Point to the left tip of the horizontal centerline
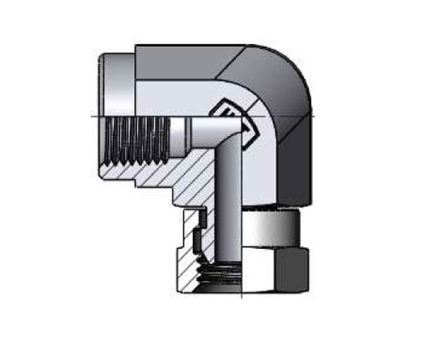click(x=88, y=115)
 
